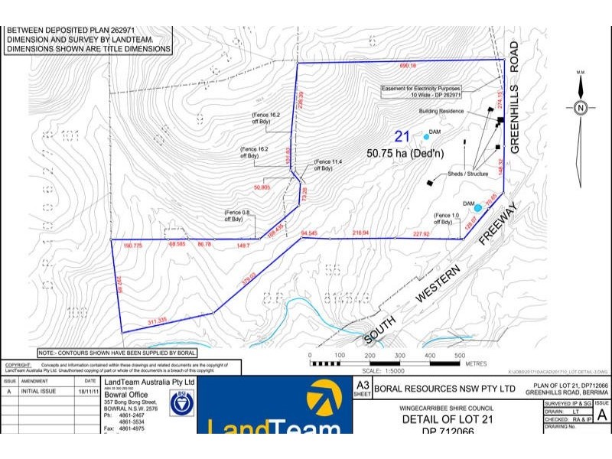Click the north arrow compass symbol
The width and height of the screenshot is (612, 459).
click(x=581, y=108)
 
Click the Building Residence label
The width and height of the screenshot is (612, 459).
click(x=441, y=111)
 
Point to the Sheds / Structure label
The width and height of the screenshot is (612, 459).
click(x=467, y=174)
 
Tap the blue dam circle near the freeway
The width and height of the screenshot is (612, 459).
click(x=478, y=207)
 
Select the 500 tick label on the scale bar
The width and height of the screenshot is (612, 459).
click(x=459, y=356)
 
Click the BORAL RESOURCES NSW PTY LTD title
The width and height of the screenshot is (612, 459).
click(x=441, y=389)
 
